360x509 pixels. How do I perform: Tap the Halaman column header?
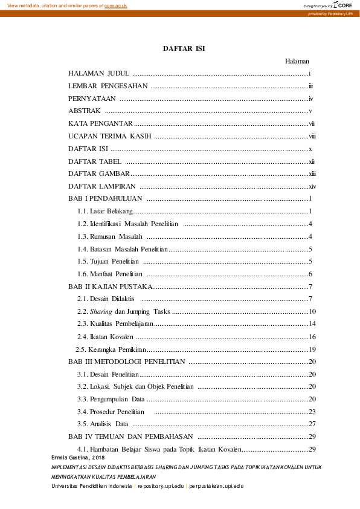coord(297,61)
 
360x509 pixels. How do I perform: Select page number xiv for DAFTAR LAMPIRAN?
coord(312,187)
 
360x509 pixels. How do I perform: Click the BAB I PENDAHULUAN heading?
coord(105,199)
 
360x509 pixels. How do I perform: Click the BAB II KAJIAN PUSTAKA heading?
coord(109,287)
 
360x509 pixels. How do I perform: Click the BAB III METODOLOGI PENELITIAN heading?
coord(127,362)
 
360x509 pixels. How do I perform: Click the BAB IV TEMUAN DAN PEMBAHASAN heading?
coord(130,436)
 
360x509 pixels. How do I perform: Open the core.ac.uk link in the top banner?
coord(116,5)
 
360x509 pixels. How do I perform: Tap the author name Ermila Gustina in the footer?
coord(71,459)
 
